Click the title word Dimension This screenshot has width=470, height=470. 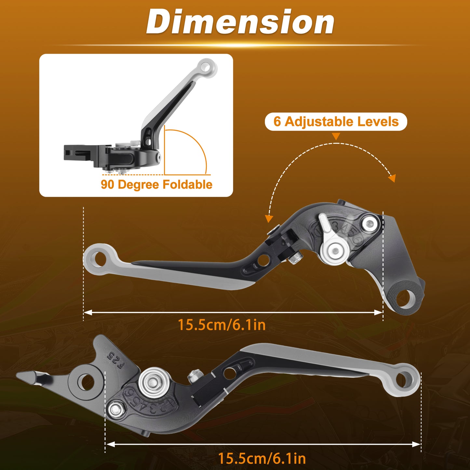240,22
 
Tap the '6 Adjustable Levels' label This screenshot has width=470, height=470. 336,121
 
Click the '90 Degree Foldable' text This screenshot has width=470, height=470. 156,184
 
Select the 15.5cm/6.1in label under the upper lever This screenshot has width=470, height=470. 222,325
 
